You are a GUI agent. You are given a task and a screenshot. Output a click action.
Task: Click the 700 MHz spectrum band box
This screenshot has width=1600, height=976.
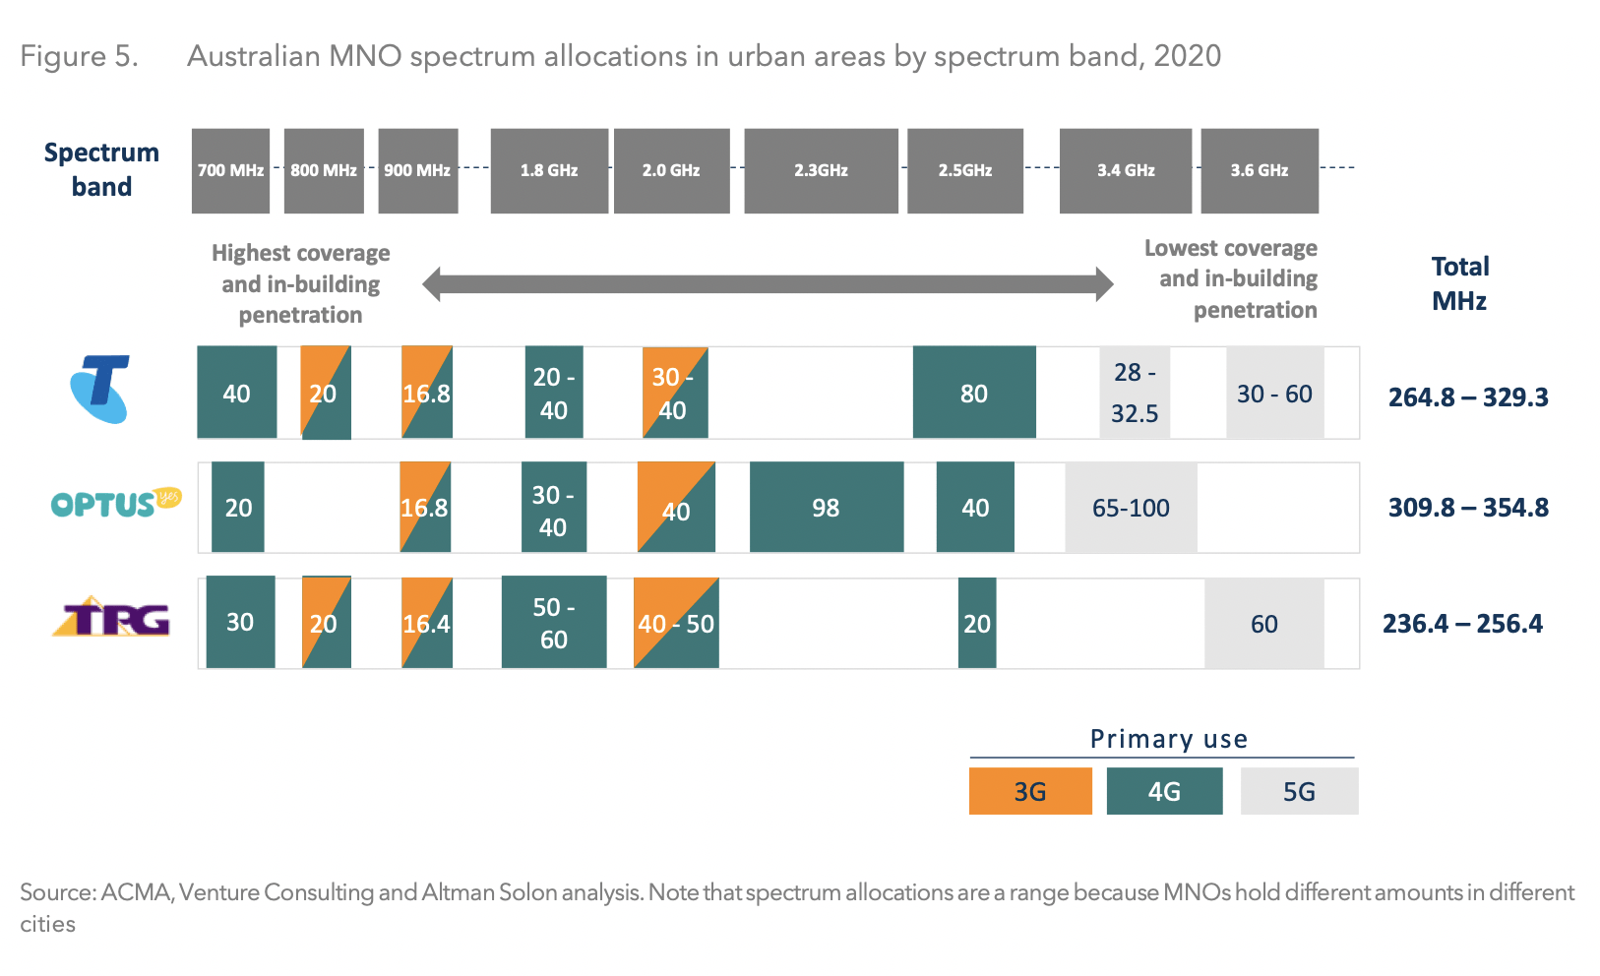pyautogui.click(x=230, y=170)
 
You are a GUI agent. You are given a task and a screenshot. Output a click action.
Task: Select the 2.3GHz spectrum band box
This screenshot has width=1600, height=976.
pyautogui.click(x=821, y=170)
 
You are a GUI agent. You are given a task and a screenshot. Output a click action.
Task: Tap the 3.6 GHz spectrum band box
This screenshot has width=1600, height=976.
pyautogui.click(x=1259, y=170)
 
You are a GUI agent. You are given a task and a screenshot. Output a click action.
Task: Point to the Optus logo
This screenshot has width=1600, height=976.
pyautogui.click(x=115, y=504)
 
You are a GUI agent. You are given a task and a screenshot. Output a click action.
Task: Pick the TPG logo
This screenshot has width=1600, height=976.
pyautogui.click(x=111, y=618)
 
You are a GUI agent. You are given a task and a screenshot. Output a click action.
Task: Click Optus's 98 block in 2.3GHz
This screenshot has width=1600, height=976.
pyautogui.click(x=826, y=508)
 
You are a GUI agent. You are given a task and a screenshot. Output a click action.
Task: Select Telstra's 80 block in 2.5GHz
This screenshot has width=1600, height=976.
pyautogui.click(x=973, y=393)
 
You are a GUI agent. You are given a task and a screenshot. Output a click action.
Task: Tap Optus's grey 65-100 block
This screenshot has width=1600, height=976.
pyautogui.click(x=1131, y=508)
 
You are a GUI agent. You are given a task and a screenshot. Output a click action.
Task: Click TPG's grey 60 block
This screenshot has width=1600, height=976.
pyautogui.click(x=1263, y=624)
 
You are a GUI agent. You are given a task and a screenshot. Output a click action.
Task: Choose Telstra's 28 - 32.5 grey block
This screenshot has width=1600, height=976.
pyautogui.click(x=1134, y=393)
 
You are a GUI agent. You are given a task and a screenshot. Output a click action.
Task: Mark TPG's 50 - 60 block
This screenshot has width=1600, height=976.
pyautogui.click(x=553, y=623)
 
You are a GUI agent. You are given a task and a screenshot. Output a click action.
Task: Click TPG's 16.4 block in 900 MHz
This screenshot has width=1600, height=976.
pyautogui.click(x=426, y=623)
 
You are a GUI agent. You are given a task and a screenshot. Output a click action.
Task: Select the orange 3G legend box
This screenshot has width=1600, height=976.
pyautogui.click(x=1029, y=791)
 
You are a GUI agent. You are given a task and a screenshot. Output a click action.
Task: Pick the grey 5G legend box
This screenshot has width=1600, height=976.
pyautogui.click(x=1299, y=791)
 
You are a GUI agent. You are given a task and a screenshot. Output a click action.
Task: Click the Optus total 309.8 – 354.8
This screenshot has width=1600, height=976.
pyautogui.click(x=1467, y=508)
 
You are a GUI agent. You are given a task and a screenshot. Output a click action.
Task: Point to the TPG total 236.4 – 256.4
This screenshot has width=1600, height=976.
pyautogui.click(x=1461, y=624)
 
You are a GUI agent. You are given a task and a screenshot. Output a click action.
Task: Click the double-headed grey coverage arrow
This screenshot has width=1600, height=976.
pyautogui.click(x=768, y=284)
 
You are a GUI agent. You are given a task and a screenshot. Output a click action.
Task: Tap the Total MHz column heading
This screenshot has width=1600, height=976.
pyautogui.click(x=1459, y=283)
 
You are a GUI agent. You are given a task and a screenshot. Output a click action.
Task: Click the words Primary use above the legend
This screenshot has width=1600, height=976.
pyautogui.click(x=1168, y=739)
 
